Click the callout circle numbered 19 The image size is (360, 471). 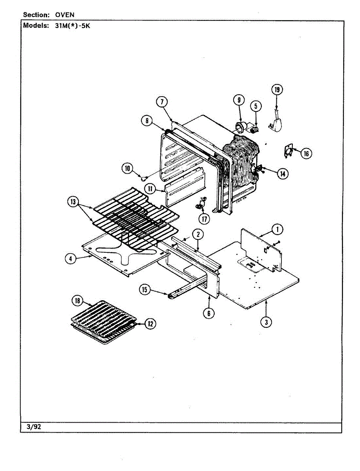[x=277, y=90]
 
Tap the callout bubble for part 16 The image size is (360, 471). [x=306, y=153]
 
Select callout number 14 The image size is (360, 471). [x=282, y=173]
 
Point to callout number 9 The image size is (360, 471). [x=239, y=100]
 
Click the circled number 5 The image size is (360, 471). [x=255, y=106]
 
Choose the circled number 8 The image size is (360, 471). [x=147, y=121]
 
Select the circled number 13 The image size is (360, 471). [x=73, y=202]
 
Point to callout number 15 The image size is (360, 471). [x=145, y=290]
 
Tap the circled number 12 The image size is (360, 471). [x=150, y=324]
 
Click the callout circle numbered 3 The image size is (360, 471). [x=266, y=322]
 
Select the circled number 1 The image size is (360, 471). [x=278, y=229]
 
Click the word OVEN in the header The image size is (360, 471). [x=65, y=15]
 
